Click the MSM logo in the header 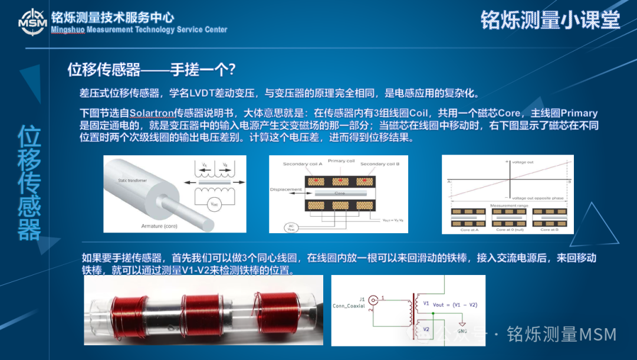click(31, 21)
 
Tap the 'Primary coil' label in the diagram click(342, 161)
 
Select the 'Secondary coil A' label click(303, 163)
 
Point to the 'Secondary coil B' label click(380, 163)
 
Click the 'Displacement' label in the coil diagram click(285, 189)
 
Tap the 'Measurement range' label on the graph click(508, 205)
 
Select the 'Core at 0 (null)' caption click(508, 230)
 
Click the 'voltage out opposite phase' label click(537, 198)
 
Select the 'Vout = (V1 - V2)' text click(455, 305)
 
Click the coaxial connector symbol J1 click(373, 300)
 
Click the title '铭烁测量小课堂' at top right click(550, 20)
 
